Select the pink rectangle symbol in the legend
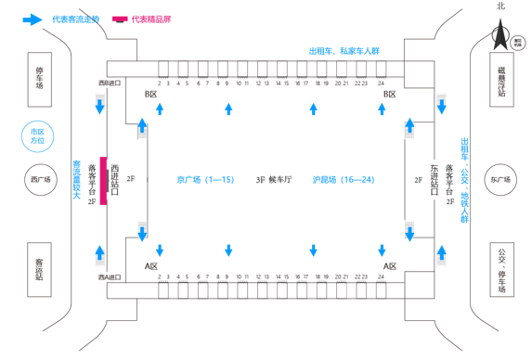[x=120, y=19]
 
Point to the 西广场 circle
[x=38, y=180]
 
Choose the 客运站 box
[x=40, y=270]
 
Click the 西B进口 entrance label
[x=110, y=84]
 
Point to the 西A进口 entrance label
[x=110, y=276]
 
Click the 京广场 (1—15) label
[x=205, y=179]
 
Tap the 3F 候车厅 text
[x=273, y=179]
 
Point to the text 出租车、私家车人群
[x=344, y=52]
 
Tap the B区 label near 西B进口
[x=151, y=95]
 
